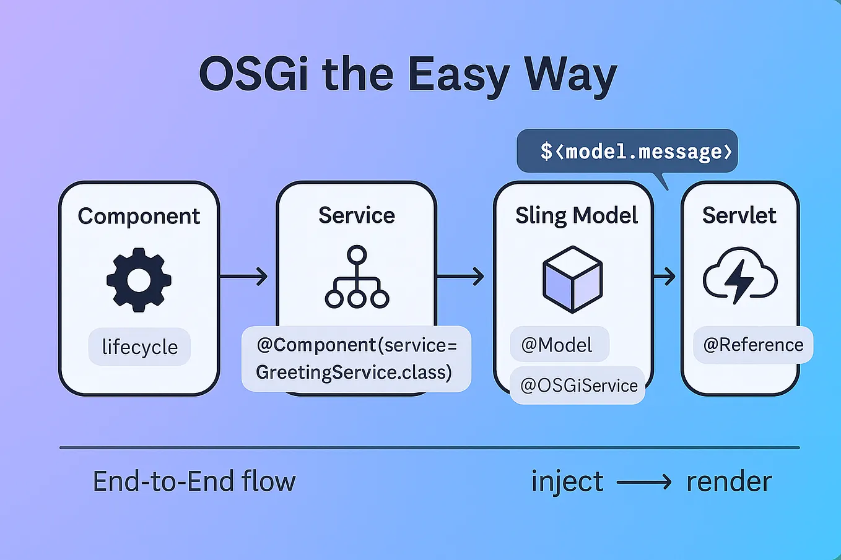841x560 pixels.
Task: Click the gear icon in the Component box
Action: coord(139,280)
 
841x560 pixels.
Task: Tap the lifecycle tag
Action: coord(139,347)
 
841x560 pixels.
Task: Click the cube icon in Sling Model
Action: coord(572,280)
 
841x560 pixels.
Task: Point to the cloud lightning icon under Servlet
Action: coord(739,276)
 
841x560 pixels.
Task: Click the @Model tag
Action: coord(558,345)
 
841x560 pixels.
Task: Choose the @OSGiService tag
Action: coord(578,386)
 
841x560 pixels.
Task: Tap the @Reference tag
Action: coord(753,345)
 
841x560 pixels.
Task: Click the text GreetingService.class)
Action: coord(354,373)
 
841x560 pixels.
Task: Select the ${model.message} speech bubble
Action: coord(627,152)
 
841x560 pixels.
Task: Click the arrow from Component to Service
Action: coord(245,276)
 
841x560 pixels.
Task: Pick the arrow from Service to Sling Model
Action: coord(461,276)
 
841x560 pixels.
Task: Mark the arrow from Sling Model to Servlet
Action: coord(665,276)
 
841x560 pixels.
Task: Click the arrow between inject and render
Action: coord(644,481)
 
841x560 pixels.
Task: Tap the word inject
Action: coord(567,481)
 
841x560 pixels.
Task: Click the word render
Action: coord(729,481)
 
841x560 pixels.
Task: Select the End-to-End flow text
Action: coord(194,481)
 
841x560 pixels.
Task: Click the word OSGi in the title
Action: coord(254,74)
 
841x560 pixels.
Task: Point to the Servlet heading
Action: coord(739,215)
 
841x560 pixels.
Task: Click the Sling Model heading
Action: coord(576,215)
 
